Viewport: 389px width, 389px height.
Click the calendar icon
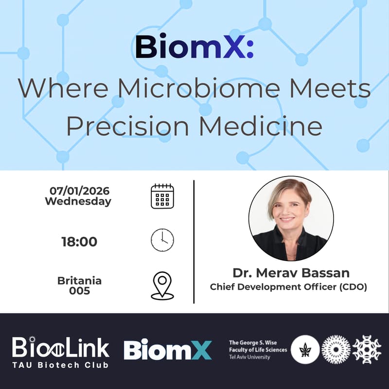(x=162, y=196)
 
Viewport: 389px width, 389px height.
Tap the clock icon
(x=162, y=240)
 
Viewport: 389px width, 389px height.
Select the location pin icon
(x=162, y=285)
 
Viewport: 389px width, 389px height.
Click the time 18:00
(x=79, y=242)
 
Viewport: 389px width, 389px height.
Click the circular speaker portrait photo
(x=291, y=218)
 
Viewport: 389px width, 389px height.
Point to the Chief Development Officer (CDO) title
(x=288, y=287)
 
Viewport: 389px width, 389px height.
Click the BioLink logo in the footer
(x=61, y=347)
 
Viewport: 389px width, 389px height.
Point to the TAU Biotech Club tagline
(x=61, y=365)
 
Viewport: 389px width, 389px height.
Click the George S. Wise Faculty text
(x=258, y=350)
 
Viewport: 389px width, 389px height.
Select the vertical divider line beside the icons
(x=194, y=242)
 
